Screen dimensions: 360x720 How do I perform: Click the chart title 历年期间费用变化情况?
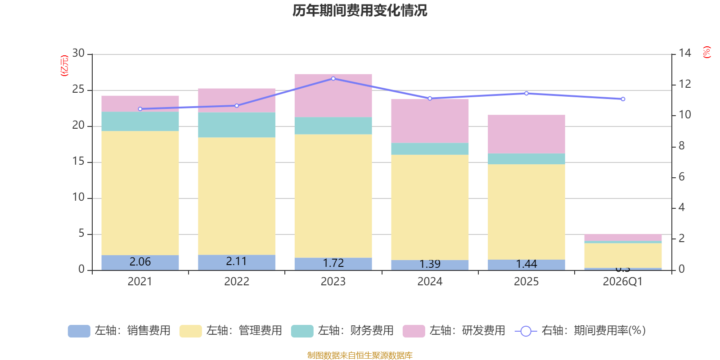tap(360, 10)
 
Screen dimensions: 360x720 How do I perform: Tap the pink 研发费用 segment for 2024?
tap(430, 121)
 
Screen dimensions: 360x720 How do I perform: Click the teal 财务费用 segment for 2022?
tap(237, 125)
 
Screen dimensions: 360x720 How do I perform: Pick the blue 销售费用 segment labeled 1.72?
tap(333, 263)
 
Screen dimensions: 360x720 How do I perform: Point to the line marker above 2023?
tap(333, 78)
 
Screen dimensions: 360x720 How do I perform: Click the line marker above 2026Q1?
tap(623, 99)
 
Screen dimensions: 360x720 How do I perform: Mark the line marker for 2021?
tap(140, 109)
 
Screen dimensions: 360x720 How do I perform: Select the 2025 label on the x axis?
tap(526, 282)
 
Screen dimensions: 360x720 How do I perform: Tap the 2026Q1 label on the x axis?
tap(622, 282)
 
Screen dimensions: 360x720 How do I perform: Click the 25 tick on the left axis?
tap(78, 90)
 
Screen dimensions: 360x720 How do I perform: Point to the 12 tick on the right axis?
tap(685, 84)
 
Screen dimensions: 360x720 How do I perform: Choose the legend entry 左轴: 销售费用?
tap(119, 331)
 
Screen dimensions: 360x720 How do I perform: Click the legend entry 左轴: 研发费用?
tap(454, 331)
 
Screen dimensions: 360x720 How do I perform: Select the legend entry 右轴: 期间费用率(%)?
tap(580, 331)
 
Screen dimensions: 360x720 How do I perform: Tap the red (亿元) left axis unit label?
tap(64, 66)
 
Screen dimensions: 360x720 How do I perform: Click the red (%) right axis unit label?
tap(707, 52)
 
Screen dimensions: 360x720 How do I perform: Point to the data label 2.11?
tap(236, 261)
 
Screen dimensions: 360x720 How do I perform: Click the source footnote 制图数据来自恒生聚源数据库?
tap(360, 355)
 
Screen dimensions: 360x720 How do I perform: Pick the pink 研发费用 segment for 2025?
tap(526, 134)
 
